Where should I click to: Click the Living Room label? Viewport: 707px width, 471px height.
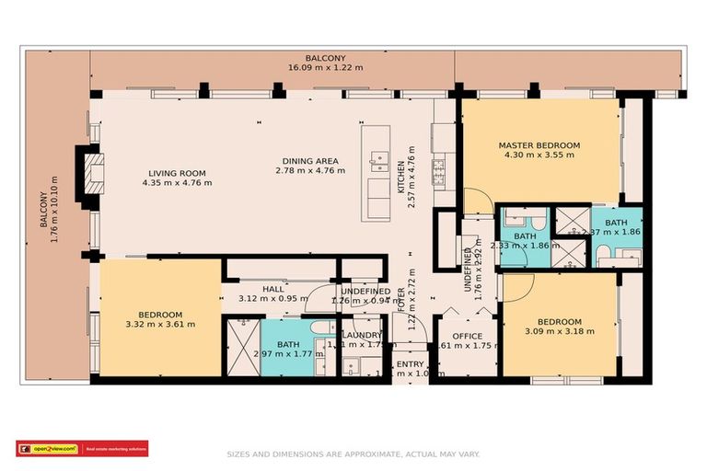(177, 173)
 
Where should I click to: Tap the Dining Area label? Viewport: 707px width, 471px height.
(310, 161)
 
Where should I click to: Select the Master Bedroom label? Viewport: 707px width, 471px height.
(539, 145)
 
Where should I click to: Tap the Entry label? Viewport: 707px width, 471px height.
(410, 365)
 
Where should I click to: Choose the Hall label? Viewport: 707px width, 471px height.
(273, 289)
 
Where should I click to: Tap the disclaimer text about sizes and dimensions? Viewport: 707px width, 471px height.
(353, 454)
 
